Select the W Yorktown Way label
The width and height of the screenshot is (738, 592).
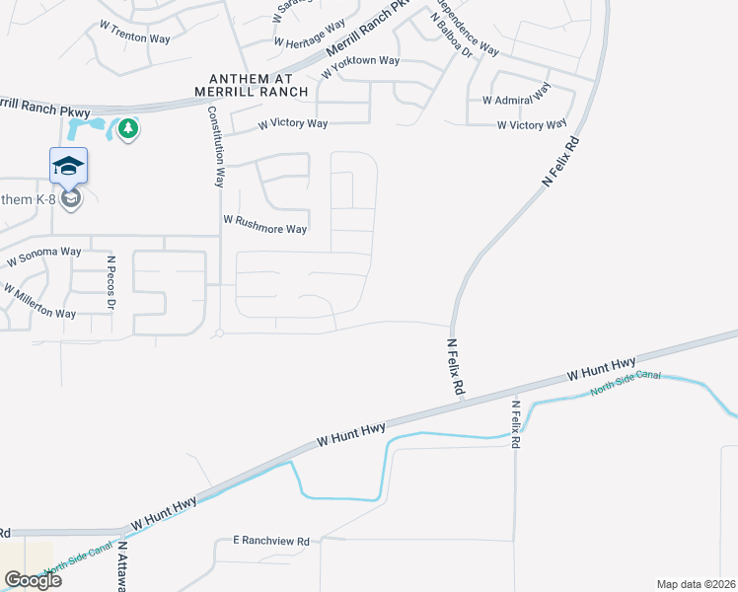pos(360,60)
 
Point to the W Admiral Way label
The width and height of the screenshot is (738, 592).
pos(515,100)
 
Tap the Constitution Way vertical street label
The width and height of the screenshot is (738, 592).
pos(218,147)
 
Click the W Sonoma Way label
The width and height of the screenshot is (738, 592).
pos(43,258)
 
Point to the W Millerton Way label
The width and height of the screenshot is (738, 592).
pos(39,301)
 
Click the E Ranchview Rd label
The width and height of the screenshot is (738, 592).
pos(271,541)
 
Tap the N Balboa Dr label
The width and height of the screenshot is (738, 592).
pos(449,31)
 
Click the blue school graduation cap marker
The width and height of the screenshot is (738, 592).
pos(68,166)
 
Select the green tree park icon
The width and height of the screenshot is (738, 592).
pos(126,128)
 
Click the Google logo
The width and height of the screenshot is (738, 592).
pos(32,580)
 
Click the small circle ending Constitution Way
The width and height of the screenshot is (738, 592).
pos(219,333)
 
